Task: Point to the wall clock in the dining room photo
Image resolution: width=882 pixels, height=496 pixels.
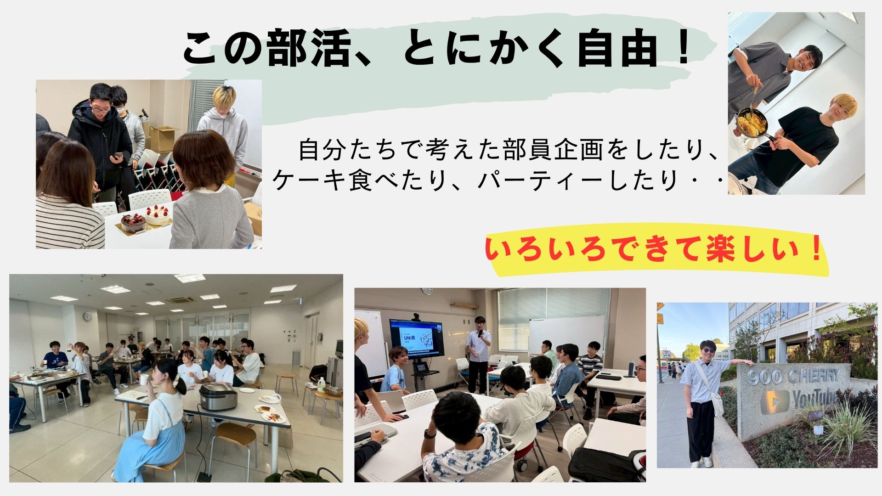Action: click(87, 316)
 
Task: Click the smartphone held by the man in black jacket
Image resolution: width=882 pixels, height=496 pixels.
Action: click(118, 156)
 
